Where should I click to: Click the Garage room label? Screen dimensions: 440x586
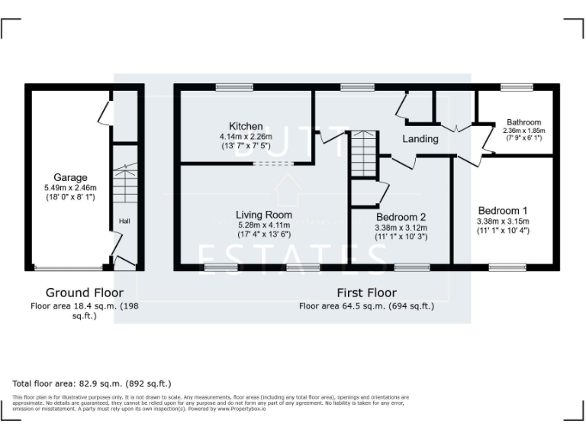coord(70,177)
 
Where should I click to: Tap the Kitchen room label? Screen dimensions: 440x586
coord(246,126)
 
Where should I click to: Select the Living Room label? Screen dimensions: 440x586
coord(263,215)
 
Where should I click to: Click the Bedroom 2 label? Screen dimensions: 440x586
coord(401,217)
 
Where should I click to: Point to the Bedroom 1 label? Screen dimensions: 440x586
coord(503,210)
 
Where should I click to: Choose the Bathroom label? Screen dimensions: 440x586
coord(523,122)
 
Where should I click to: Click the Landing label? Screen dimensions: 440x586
coord(420,139)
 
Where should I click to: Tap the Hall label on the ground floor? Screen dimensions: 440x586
coord(124,222)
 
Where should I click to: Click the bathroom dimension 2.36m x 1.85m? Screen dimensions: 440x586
coord(523,131)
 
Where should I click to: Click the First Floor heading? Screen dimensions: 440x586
coord(366,293)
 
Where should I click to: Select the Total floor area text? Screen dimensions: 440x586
coord(92,383)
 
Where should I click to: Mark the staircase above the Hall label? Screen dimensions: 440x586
coord(124,184)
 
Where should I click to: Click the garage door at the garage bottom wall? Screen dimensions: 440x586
coord(69,267)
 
